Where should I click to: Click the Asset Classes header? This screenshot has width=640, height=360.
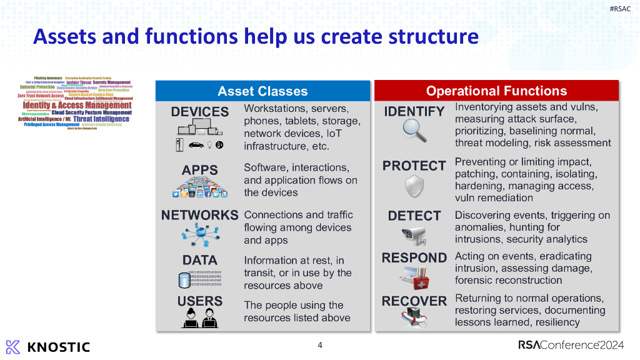262,91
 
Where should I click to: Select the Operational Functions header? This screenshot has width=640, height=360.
496,91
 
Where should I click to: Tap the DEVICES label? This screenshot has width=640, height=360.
200,112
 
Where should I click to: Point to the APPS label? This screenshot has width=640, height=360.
200,170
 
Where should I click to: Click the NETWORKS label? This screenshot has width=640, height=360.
200,215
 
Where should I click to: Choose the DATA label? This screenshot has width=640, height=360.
200,260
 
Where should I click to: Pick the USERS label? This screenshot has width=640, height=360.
200,301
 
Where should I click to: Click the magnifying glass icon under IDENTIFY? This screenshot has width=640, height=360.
414,131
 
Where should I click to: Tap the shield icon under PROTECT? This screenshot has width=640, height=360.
414,186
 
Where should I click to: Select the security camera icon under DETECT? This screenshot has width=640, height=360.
414,236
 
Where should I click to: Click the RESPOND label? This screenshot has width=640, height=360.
414,257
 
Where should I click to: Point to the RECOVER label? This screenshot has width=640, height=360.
414,301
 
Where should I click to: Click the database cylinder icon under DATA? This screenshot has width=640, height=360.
184,279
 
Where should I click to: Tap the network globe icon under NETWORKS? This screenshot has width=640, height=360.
200,234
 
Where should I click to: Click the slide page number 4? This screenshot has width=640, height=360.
320,345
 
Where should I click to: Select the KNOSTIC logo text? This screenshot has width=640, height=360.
60,347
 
